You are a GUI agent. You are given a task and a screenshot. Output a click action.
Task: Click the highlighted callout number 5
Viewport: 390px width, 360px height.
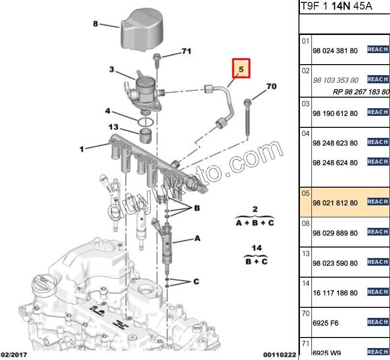241,69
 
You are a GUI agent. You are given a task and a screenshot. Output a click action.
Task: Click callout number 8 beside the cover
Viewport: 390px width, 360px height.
95,23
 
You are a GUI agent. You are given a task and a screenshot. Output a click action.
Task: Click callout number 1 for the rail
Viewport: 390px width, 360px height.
81,149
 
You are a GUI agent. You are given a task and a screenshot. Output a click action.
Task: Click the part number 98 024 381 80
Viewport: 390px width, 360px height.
335,50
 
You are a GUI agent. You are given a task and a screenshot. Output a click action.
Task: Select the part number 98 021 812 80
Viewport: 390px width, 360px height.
335,202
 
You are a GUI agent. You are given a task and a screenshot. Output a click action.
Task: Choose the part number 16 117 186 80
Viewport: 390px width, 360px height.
335,293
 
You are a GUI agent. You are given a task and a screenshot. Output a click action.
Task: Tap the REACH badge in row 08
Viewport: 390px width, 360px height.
378,232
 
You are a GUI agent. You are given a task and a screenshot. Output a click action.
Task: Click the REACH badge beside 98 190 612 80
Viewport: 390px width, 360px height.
378,112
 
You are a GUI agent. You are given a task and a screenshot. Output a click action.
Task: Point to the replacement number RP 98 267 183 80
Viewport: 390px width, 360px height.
361,92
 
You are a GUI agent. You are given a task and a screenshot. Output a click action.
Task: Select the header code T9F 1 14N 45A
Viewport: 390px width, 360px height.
337,7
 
